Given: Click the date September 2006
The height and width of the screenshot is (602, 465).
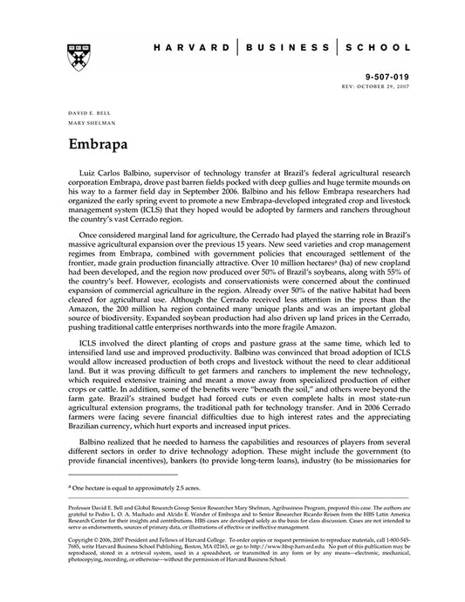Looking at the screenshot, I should (x=235, y=196).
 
